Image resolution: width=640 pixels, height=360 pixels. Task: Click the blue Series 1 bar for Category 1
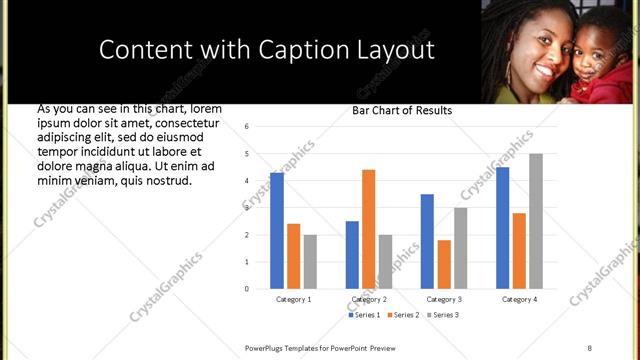[x=277, y=231]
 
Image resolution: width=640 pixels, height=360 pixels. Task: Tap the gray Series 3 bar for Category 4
[x=536, y=221]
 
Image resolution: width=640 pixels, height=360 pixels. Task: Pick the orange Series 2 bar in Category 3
[x=443, y=264]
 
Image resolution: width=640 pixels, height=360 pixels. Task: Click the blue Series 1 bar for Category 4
[x=502, y=228]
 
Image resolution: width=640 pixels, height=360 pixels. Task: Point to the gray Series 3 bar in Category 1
[x=310, y=262]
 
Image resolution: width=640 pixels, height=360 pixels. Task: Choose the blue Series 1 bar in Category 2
[x=352, y=255]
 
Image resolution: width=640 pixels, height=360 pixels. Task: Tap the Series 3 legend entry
[x=444, y=315]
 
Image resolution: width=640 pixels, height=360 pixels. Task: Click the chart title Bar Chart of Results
[x=402, y=110]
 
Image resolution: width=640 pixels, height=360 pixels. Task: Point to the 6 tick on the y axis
[x=246, y=127]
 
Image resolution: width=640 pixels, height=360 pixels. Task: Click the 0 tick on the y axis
[x=246, y=289]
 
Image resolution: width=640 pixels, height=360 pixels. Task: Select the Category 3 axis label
[x=443, y=299]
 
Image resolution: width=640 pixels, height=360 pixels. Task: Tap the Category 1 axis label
[x=293, y=299]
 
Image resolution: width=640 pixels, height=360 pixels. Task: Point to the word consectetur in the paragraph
[x=185, y=123]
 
